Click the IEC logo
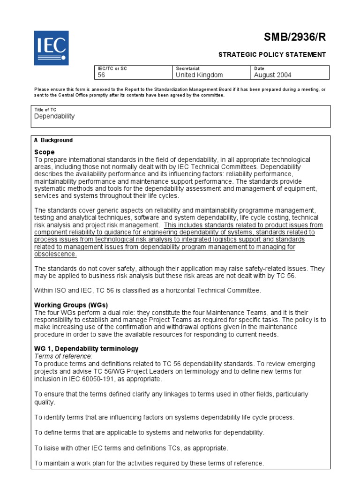tap(51, 48)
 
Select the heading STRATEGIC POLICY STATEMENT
tap(272, 54)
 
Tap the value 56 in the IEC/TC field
tap(101, 75)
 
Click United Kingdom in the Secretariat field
tap(199, 75)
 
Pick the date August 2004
tap(272, 75)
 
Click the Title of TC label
tap(45, 109)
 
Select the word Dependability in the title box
tap(54, 116)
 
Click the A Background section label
tap(53, 140)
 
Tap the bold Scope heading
tap(44, 152)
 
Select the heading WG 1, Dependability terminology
tap(86, 349)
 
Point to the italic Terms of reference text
tap(61, 356)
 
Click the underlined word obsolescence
tap(55, 254)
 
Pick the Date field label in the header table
tap(259, 68)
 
